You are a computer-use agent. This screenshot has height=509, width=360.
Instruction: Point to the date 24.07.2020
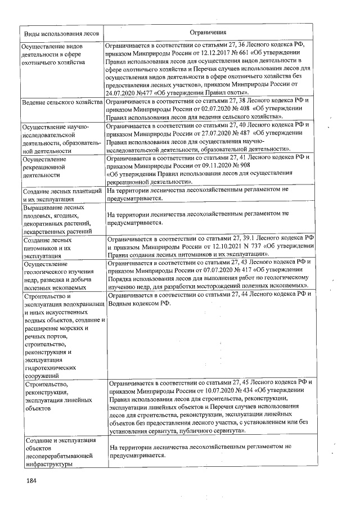pos(121,92)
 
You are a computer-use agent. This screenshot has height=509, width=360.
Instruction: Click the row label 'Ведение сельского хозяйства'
pos(61,103)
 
